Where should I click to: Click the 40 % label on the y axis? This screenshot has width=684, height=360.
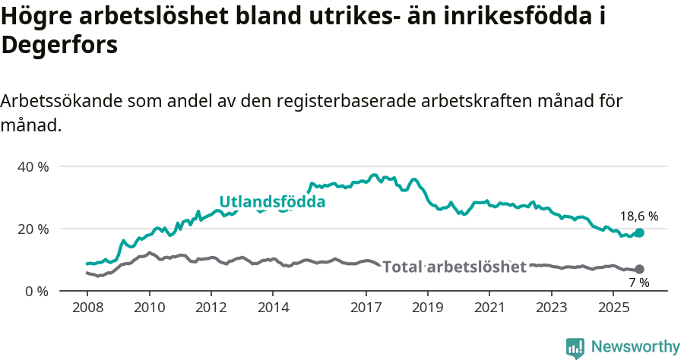click(33, 166)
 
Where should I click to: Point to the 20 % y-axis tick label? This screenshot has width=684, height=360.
click(33, 229)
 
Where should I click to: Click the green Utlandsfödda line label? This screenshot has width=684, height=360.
click(272, 202)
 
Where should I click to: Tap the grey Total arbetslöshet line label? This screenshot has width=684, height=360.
click(454, 267)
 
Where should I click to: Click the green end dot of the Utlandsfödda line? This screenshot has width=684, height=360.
click(639, 232)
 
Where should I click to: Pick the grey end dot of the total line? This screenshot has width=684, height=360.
click(639, 269)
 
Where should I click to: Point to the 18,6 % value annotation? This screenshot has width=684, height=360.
click(639, 216)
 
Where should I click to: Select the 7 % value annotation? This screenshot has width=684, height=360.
click(638, 283)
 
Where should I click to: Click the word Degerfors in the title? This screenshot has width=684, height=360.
click(59, 45)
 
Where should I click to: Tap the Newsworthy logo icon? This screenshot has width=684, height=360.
click(575, 347)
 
